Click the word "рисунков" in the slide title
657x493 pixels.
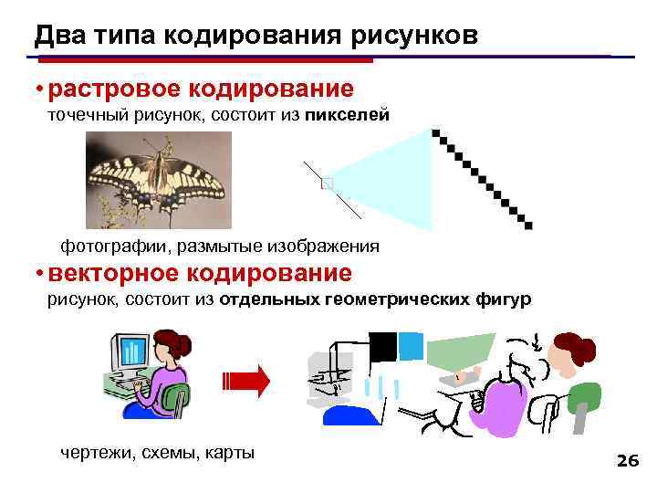(408, 35)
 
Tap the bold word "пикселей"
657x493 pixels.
(347, 115)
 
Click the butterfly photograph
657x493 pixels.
(159, 180)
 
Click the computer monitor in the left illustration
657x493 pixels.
(130, 351)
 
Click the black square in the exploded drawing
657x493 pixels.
(383, 346)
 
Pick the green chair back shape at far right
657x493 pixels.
(583, 398)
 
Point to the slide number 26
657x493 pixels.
(627, 461)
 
